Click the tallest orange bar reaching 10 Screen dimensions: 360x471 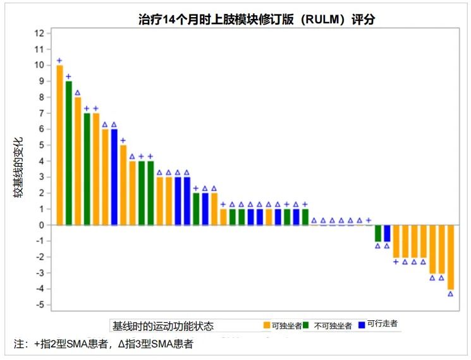(x=59, y=145)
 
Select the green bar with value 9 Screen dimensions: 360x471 (x=68, y=153)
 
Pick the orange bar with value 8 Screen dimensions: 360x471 (x=78, y=161)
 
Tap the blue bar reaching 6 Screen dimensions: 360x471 (x=114, y=177)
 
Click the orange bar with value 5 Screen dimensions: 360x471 (x=123, y=185)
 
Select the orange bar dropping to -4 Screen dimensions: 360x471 (x=450, y=257)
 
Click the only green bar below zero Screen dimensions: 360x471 (x=378, y=233)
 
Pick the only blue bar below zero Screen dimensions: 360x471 (x=387, y=233)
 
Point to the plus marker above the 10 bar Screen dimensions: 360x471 (x=59, y=61)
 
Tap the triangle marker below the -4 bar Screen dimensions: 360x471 (x=450, y=294)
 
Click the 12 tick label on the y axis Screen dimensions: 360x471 (x=40, y=33)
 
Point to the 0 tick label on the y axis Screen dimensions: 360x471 (x=42, y=225)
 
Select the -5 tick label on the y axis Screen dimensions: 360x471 (x=40, y=305)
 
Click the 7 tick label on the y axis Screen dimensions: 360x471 (x=42, y=113)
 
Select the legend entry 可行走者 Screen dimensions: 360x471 (x=382, y=324)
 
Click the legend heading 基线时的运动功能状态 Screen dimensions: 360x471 (x=162, y=326)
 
